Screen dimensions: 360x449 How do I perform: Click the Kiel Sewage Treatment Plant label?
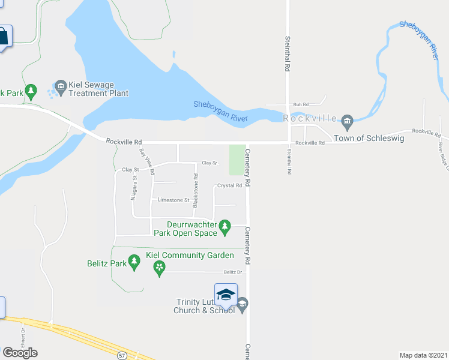98,89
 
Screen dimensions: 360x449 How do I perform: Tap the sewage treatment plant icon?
61,89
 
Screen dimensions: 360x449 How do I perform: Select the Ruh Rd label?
301,104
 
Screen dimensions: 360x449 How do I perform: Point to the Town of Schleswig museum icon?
347,123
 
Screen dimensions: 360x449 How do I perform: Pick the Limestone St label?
173,200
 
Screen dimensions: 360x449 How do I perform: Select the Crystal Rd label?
229,185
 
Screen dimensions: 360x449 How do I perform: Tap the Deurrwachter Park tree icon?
225,227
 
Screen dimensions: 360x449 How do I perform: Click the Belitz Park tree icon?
135,263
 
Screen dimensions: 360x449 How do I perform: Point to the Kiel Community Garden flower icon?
159,268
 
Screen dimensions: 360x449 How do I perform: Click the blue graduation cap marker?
226,295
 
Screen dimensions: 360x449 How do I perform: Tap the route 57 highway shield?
122,355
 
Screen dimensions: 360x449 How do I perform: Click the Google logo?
20,353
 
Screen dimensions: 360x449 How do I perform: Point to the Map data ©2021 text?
423,355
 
